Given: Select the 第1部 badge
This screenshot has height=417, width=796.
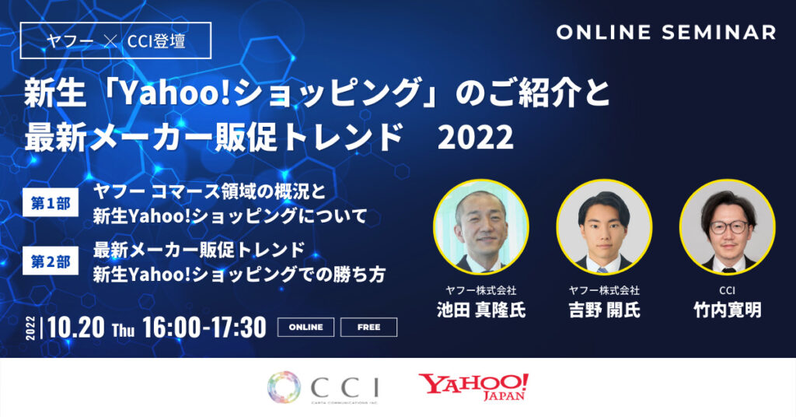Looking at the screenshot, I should click(x=51, y=205).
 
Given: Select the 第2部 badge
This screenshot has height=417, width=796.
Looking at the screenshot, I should click(x=51, y=262).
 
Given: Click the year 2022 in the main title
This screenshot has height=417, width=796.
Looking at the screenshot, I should click(x=476, y=138).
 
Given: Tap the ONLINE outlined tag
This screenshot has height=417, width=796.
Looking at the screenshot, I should click(x=305, y=328).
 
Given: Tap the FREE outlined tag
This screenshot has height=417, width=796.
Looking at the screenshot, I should click(x=368, y=328).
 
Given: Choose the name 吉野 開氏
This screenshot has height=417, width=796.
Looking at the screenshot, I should click(x=603, y=310).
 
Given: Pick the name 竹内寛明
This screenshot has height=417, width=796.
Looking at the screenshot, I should click(x=727, y=310).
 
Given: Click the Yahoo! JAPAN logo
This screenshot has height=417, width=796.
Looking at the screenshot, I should click(x=473, y=386).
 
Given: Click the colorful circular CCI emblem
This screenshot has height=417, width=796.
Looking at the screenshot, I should click(x=285, y=387).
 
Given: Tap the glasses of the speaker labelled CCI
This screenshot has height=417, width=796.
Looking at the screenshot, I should click(x=728, y=226).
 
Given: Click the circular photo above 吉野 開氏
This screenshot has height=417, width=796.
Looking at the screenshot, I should click(x=603, y=226).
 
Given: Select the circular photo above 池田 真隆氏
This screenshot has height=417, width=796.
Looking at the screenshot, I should click(x=480, y=226).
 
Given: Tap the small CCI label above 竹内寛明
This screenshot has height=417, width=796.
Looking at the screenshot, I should click(x=727, y=290).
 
